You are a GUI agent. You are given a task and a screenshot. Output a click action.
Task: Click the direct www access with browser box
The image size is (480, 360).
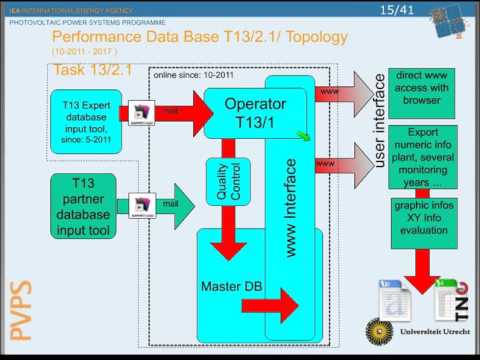coord(421,93)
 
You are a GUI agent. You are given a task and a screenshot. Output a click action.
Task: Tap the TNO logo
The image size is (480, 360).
coord(452,297)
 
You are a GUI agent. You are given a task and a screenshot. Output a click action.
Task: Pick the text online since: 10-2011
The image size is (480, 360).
coord(191,76)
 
